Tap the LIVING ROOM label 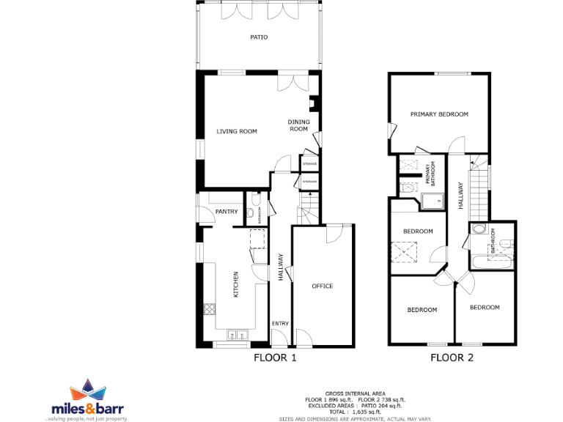(x=236, y=132)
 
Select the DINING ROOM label (x=298, y=125)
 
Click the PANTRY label (x=226, y=212)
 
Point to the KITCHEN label (x=236, y=284)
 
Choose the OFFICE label (x=323, y=286)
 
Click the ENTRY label (x=280, y=324)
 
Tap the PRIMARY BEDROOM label (x=439, y=114)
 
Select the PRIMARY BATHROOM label (x=427, y=174)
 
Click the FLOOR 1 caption (x=275, y=358)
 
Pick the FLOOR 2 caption (x=452, y=358)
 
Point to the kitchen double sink (x=238, y=336)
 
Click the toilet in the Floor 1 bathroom (x=251, y=213)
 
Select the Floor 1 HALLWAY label (x=281, y=267)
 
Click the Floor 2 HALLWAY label (x=460, y=197)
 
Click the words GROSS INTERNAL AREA (x=355, y=393)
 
